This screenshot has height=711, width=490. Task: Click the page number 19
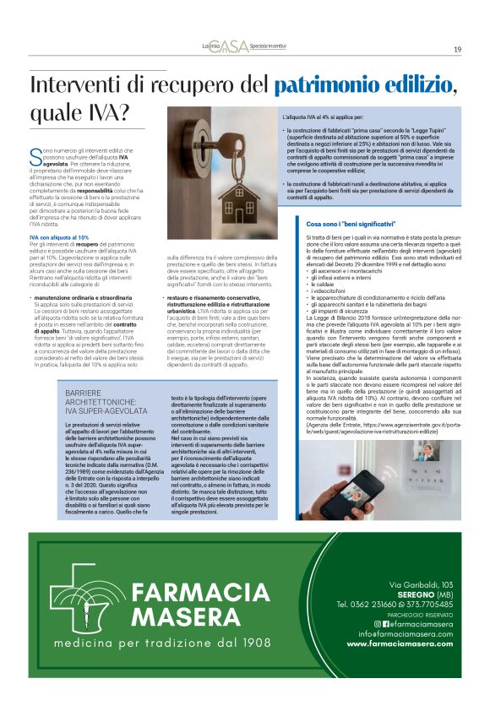(x=457, y=49)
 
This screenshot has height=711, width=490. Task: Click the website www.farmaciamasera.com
(x=400, y=643)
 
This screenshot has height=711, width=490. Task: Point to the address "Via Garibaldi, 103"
(x=421, y=584)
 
